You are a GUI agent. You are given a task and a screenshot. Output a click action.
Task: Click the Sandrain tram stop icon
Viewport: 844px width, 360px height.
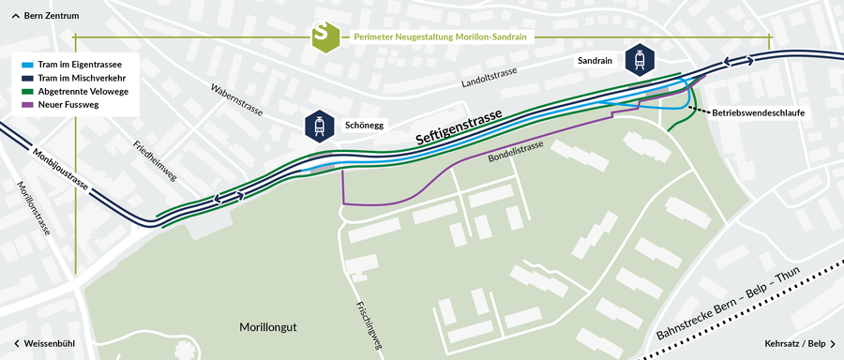640,59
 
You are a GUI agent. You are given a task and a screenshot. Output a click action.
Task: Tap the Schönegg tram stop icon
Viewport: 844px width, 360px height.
320,126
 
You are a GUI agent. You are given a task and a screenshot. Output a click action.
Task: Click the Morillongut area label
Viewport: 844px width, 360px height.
268,327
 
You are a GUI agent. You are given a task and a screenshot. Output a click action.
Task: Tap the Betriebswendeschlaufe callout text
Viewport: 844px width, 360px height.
759,112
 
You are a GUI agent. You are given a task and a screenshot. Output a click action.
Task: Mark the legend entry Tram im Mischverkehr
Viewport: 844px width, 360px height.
83,77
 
